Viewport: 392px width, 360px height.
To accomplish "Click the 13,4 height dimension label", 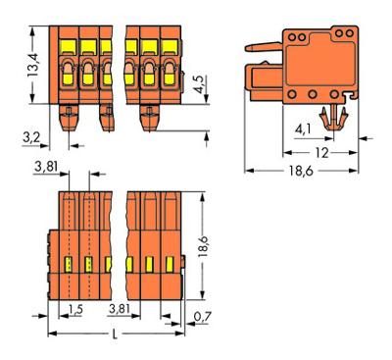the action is [x=33, y=65].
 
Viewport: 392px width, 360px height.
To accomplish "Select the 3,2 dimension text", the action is [x=31, y=137].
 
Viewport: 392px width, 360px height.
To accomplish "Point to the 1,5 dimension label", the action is [x=75, y=309].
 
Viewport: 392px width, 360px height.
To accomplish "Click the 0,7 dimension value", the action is [x=203, y=317].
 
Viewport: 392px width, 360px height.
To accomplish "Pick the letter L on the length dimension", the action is [x=115, y=334].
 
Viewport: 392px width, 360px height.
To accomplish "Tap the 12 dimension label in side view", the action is [x=321, y=153].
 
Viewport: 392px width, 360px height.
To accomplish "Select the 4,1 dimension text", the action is [x=304, y=130].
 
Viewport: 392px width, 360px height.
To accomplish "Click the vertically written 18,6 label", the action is [x=204, y=245].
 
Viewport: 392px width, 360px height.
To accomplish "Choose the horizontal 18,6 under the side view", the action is [x=301, y=171].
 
